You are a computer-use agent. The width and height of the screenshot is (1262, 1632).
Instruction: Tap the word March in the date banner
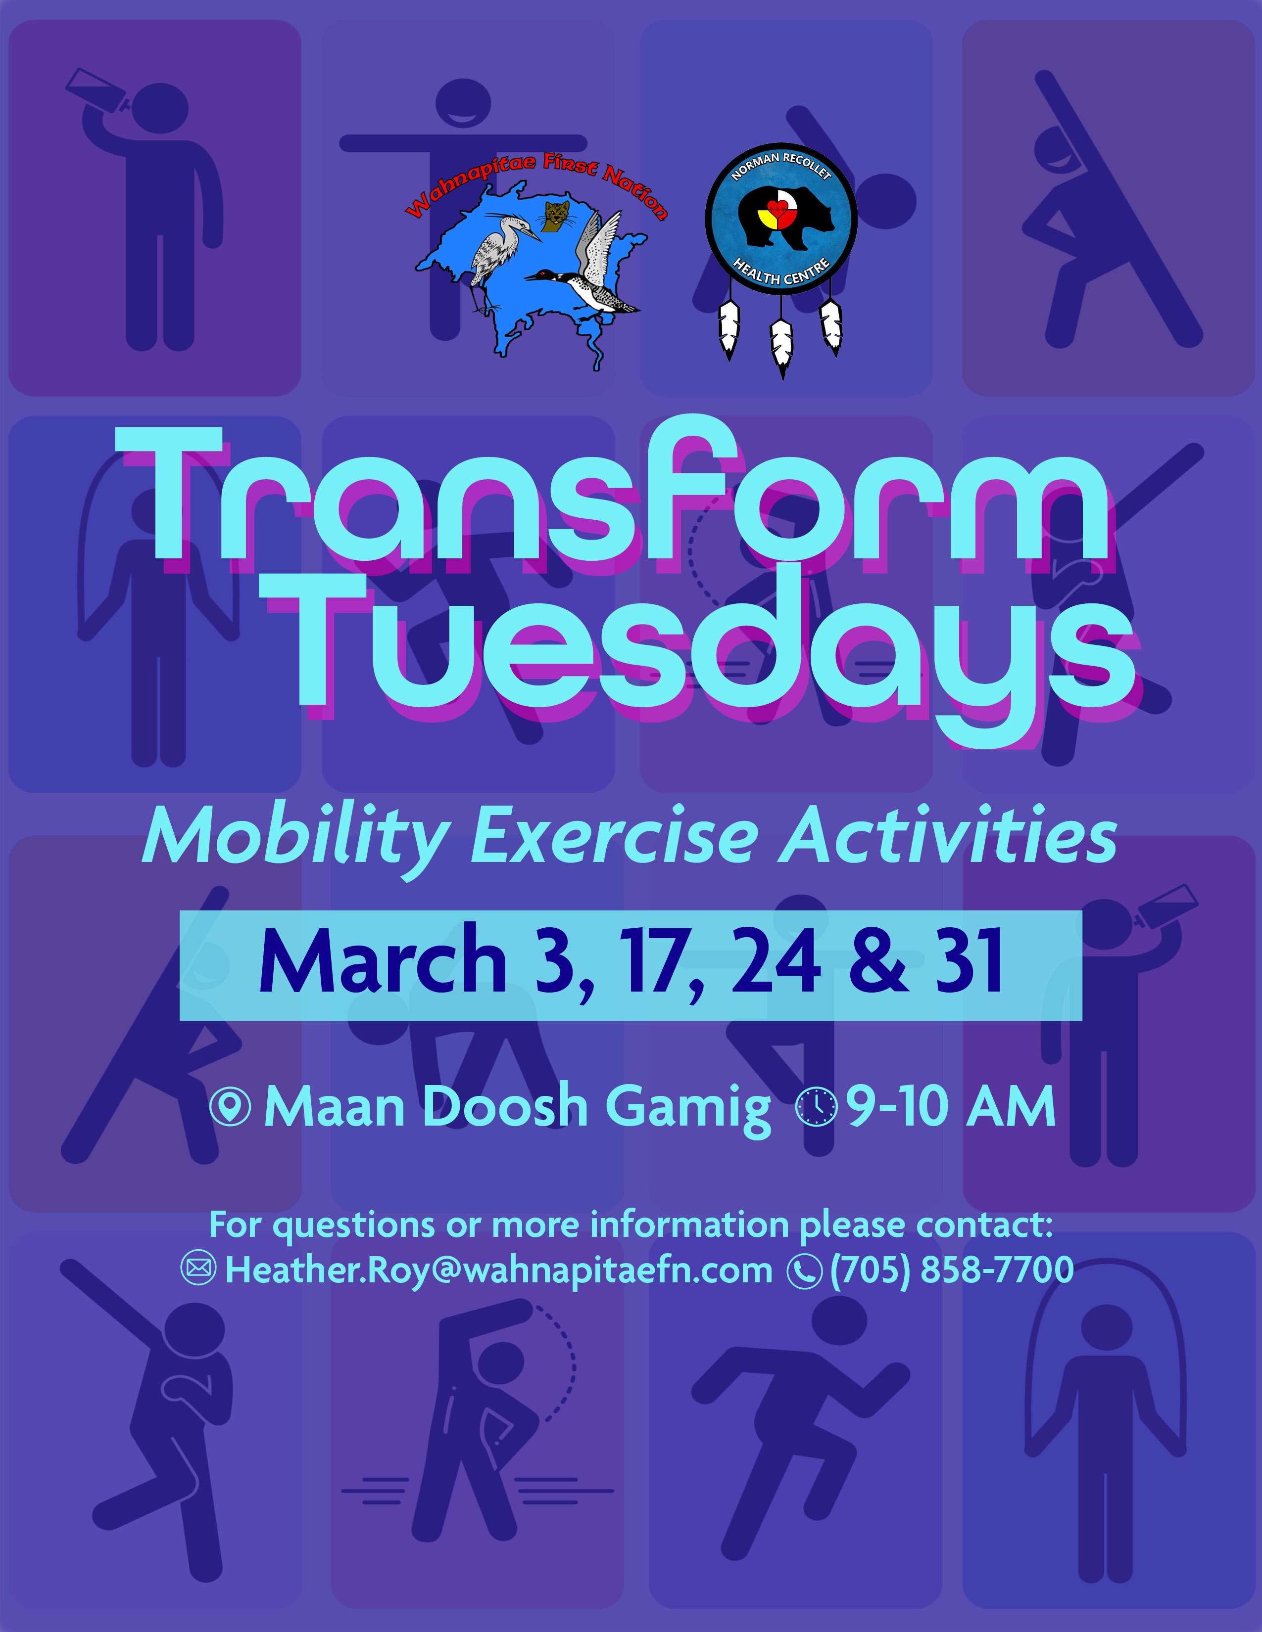coord(383,962)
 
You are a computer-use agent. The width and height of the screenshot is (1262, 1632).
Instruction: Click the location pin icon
coord(230,1106)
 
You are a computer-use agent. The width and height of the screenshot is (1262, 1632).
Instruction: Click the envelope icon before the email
coord(199,1269)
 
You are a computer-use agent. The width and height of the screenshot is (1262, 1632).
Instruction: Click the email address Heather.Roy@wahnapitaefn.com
coord(499,1269)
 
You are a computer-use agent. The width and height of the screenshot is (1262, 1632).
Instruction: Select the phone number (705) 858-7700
coord(952,1269)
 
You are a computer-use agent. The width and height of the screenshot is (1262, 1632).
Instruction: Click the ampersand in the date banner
coord(879,962)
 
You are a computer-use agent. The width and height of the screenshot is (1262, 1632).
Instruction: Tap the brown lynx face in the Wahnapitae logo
coord(555,215)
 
